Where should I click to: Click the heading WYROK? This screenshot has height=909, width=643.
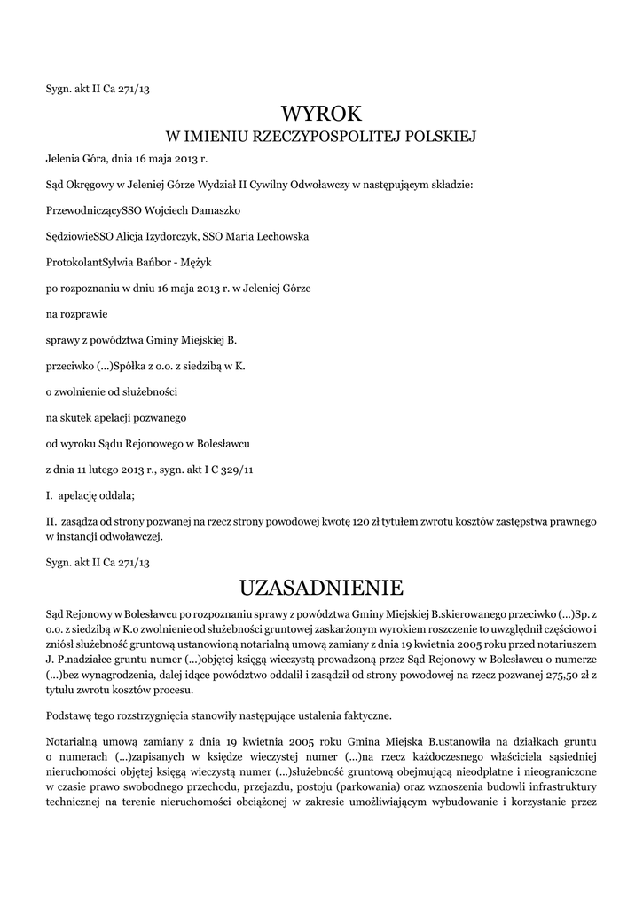point(321,114)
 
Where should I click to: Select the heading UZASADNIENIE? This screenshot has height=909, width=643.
point(321,587)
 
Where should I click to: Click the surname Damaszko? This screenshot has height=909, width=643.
point(209,211)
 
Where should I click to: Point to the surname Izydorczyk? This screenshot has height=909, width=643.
point(168,237)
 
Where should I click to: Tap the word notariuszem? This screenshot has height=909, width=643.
point(565,643)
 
